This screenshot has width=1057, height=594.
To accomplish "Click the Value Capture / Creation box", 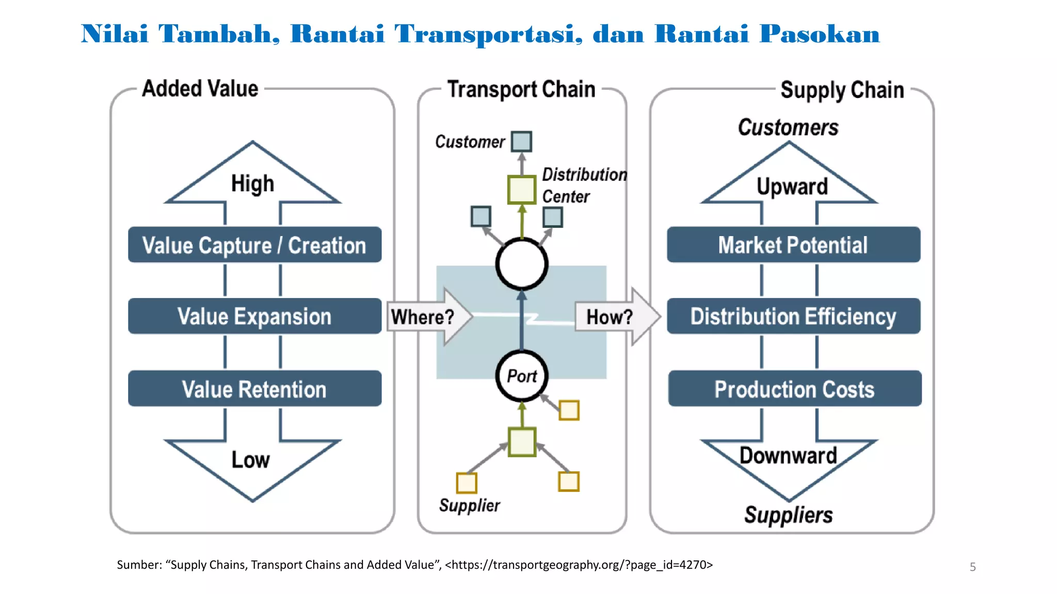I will point(254,245).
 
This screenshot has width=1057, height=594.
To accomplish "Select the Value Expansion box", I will point(254,316).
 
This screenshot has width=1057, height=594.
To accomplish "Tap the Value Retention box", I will point(254,389).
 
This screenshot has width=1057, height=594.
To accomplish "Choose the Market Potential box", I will point(793,245).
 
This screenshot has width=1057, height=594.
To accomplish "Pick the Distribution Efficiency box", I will point(793,316).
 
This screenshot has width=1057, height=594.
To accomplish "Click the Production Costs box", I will point(794,389).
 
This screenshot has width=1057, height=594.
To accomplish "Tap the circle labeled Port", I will point(522,376).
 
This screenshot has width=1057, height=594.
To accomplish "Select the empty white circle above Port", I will point(522,264).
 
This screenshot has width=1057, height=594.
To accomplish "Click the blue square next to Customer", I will point(521,141).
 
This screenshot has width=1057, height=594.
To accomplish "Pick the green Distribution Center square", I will point(522,189).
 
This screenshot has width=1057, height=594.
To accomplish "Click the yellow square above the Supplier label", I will point(467,483).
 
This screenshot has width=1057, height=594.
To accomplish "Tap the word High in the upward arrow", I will point(252,184).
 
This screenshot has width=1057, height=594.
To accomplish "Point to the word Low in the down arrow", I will point(250,459).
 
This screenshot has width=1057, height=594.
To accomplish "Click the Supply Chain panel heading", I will point(842,90).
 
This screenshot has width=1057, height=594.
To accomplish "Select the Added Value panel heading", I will point(200,89).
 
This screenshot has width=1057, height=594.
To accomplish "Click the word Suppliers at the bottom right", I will point(788,515).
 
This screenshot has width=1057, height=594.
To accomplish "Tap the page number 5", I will point(972,567).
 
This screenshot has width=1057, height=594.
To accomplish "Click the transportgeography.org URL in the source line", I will point(579,565).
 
